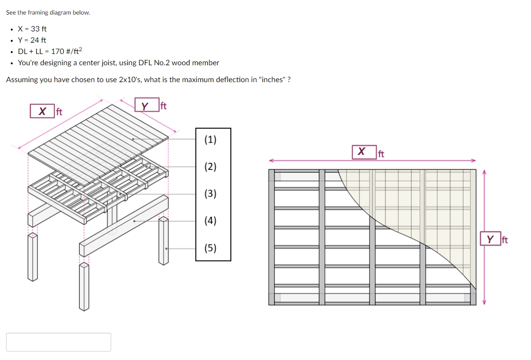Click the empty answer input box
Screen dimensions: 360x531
coord(59,342)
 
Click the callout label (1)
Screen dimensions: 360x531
coord(211,139)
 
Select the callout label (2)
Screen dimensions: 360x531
coord(211,167)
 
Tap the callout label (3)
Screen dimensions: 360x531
coord(211,193)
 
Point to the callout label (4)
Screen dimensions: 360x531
coord(211,221)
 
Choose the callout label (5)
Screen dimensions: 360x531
coord(211,248)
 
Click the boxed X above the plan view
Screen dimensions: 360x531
coord(361,152)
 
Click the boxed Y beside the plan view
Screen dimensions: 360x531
coord(490,239)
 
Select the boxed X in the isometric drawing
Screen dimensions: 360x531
coord(42,111)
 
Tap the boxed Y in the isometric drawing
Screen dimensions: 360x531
coord(145,106)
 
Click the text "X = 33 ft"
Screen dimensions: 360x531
coord(32,29)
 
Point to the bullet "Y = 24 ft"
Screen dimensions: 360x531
coord(32,40)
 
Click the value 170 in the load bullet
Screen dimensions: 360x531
coord(58,52)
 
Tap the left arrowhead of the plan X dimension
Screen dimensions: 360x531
coord(271,161)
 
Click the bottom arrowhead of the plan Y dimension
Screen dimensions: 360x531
coord(484,302)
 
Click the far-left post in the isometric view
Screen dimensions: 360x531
coord(32,256)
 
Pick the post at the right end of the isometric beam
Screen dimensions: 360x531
coord(163,241)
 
